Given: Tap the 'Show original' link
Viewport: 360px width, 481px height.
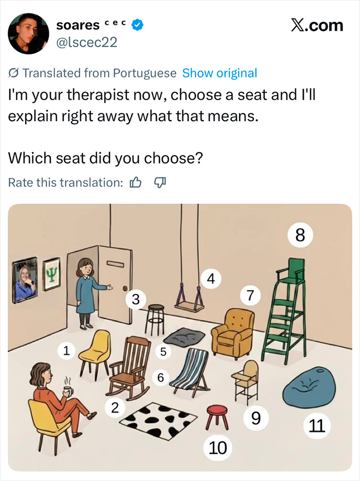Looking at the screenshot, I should (220, 73).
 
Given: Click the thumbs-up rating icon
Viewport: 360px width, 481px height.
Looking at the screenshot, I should (135, 182).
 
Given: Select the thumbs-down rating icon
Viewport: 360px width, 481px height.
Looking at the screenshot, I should (160, 182).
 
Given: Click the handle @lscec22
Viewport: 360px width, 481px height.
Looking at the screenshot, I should (87, 42).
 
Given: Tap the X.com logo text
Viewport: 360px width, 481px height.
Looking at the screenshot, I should (316, 25).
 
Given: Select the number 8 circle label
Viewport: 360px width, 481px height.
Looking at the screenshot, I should (300, 236).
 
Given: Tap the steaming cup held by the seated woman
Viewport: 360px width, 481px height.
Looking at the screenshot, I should (66, 391).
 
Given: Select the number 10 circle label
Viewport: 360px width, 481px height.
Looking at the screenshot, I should (218, 448).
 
